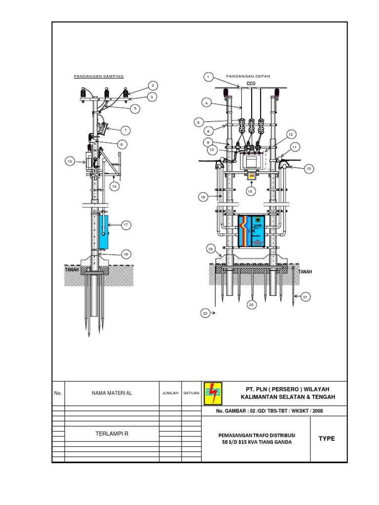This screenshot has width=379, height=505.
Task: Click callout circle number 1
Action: [208, 77]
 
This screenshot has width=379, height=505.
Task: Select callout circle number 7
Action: [126, 130]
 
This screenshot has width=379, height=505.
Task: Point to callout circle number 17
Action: [126, 225]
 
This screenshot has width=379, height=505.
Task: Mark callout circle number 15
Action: [250, 191]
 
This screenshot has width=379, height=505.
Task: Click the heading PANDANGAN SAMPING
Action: [99, 76]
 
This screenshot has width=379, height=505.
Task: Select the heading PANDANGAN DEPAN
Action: [248, 76]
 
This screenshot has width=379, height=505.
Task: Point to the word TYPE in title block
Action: [327, 438]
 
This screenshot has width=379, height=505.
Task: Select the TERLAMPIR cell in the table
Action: [112, 433]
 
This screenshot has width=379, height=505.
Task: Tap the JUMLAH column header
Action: [170, 393]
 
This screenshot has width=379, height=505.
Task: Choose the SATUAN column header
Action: [191, 393]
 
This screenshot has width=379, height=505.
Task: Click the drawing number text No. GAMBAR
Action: [269, 411]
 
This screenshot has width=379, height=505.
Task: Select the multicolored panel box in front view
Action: [251, 232]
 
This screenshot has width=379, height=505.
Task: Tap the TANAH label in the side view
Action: [73, 270]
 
